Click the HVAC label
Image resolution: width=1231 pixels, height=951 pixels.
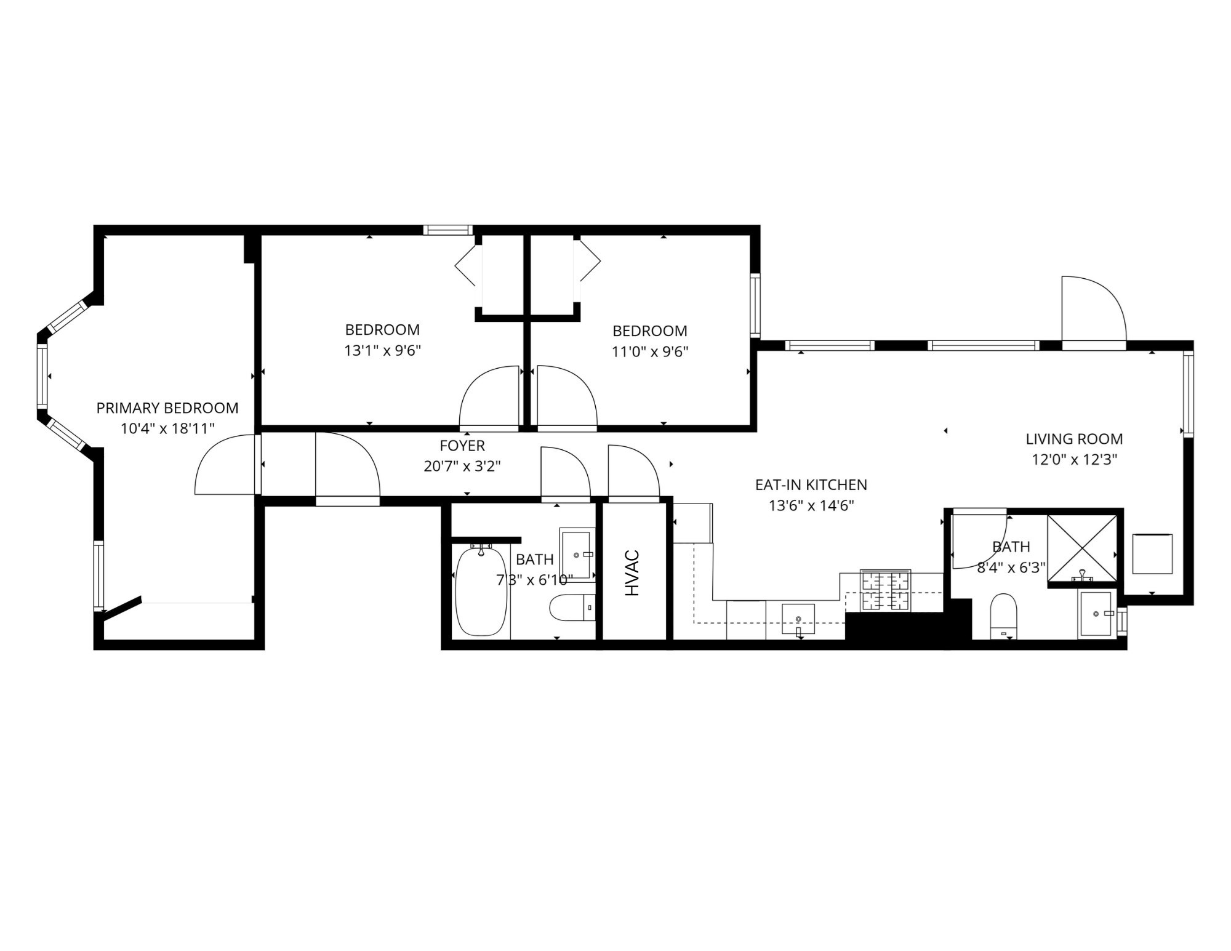[632, 573]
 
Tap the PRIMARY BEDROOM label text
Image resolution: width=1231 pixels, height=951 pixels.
[167, 408]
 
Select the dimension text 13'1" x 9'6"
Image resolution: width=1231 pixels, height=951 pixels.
[382, 351]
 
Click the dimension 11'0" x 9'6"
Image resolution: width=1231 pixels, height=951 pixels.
[649, 352]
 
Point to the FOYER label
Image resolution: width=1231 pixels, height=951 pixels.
[462, 446]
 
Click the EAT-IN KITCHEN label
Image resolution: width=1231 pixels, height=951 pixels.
[811, 485]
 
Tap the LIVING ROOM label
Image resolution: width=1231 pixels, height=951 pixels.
[1073, 439]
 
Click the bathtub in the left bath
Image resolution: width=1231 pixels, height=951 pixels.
[481, 592]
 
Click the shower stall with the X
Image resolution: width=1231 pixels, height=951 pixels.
[1081, 548]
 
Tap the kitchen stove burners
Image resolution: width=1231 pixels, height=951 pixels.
[885, 591]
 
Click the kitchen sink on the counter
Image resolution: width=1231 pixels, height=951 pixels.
[798, 619]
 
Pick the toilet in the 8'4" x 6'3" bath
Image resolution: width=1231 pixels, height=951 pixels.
[1003, 616]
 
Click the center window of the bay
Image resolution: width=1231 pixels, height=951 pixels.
[42, 376]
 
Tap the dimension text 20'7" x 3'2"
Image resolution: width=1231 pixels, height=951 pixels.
[462, 467]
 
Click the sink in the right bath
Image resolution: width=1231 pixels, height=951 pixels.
[1096, 614]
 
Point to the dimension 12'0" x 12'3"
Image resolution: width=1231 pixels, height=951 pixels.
[1073, 460]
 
